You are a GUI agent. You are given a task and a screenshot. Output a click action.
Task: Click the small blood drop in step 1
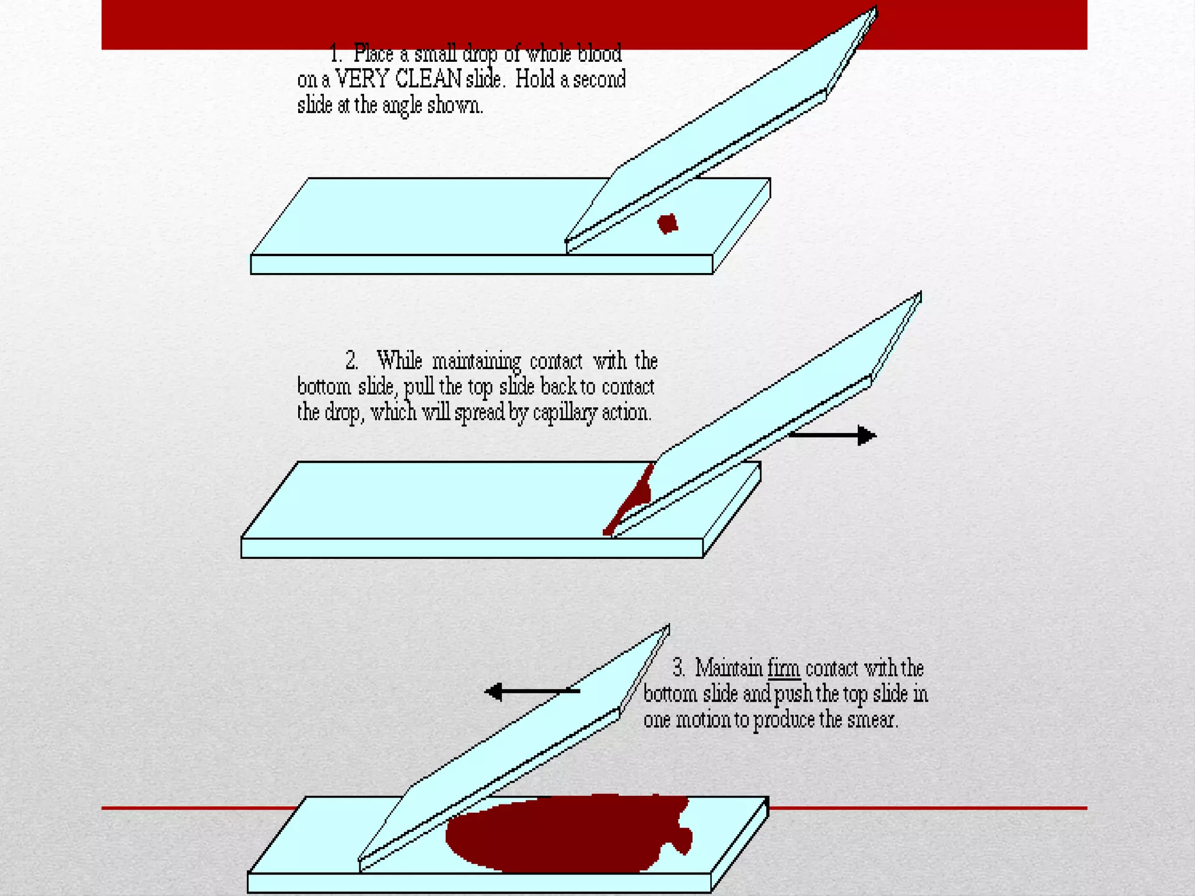coord(668,223)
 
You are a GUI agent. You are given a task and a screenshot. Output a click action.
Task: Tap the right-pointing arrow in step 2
coord(832,435)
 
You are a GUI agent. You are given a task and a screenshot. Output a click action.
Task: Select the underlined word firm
coord(784,668)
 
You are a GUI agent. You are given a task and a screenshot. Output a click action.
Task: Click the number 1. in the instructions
coord(336,54)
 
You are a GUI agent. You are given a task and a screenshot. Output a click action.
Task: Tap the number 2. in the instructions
coord(352,360)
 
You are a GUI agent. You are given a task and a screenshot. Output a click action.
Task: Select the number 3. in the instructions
coord(679,667)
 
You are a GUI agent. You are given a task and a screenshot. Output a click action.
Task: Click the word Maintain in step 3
coord(729,667)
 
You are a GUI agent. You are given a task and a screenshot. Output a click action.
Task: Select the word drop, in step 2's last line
coord(344,413)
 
